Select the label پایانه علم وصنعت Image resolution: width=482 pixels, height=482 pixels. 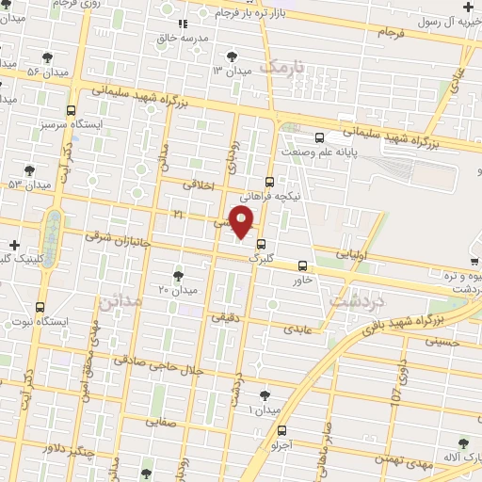point(320,150)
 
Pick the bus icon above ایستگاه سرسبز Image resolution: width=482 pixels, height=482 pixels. point(72,111)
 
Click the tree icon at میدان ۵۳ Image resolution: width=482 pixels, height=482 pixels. point(29,170)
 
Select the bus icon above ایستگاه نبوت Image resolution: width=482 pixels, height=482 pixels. point(40,307)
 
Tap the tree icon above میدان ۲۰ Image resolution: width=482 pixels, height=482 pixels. point(178,275)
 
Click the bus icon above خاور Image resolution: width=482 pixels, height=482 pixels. point(301,265)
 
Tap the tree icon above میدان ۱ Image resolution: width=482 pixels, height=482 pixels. point(265,395)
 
